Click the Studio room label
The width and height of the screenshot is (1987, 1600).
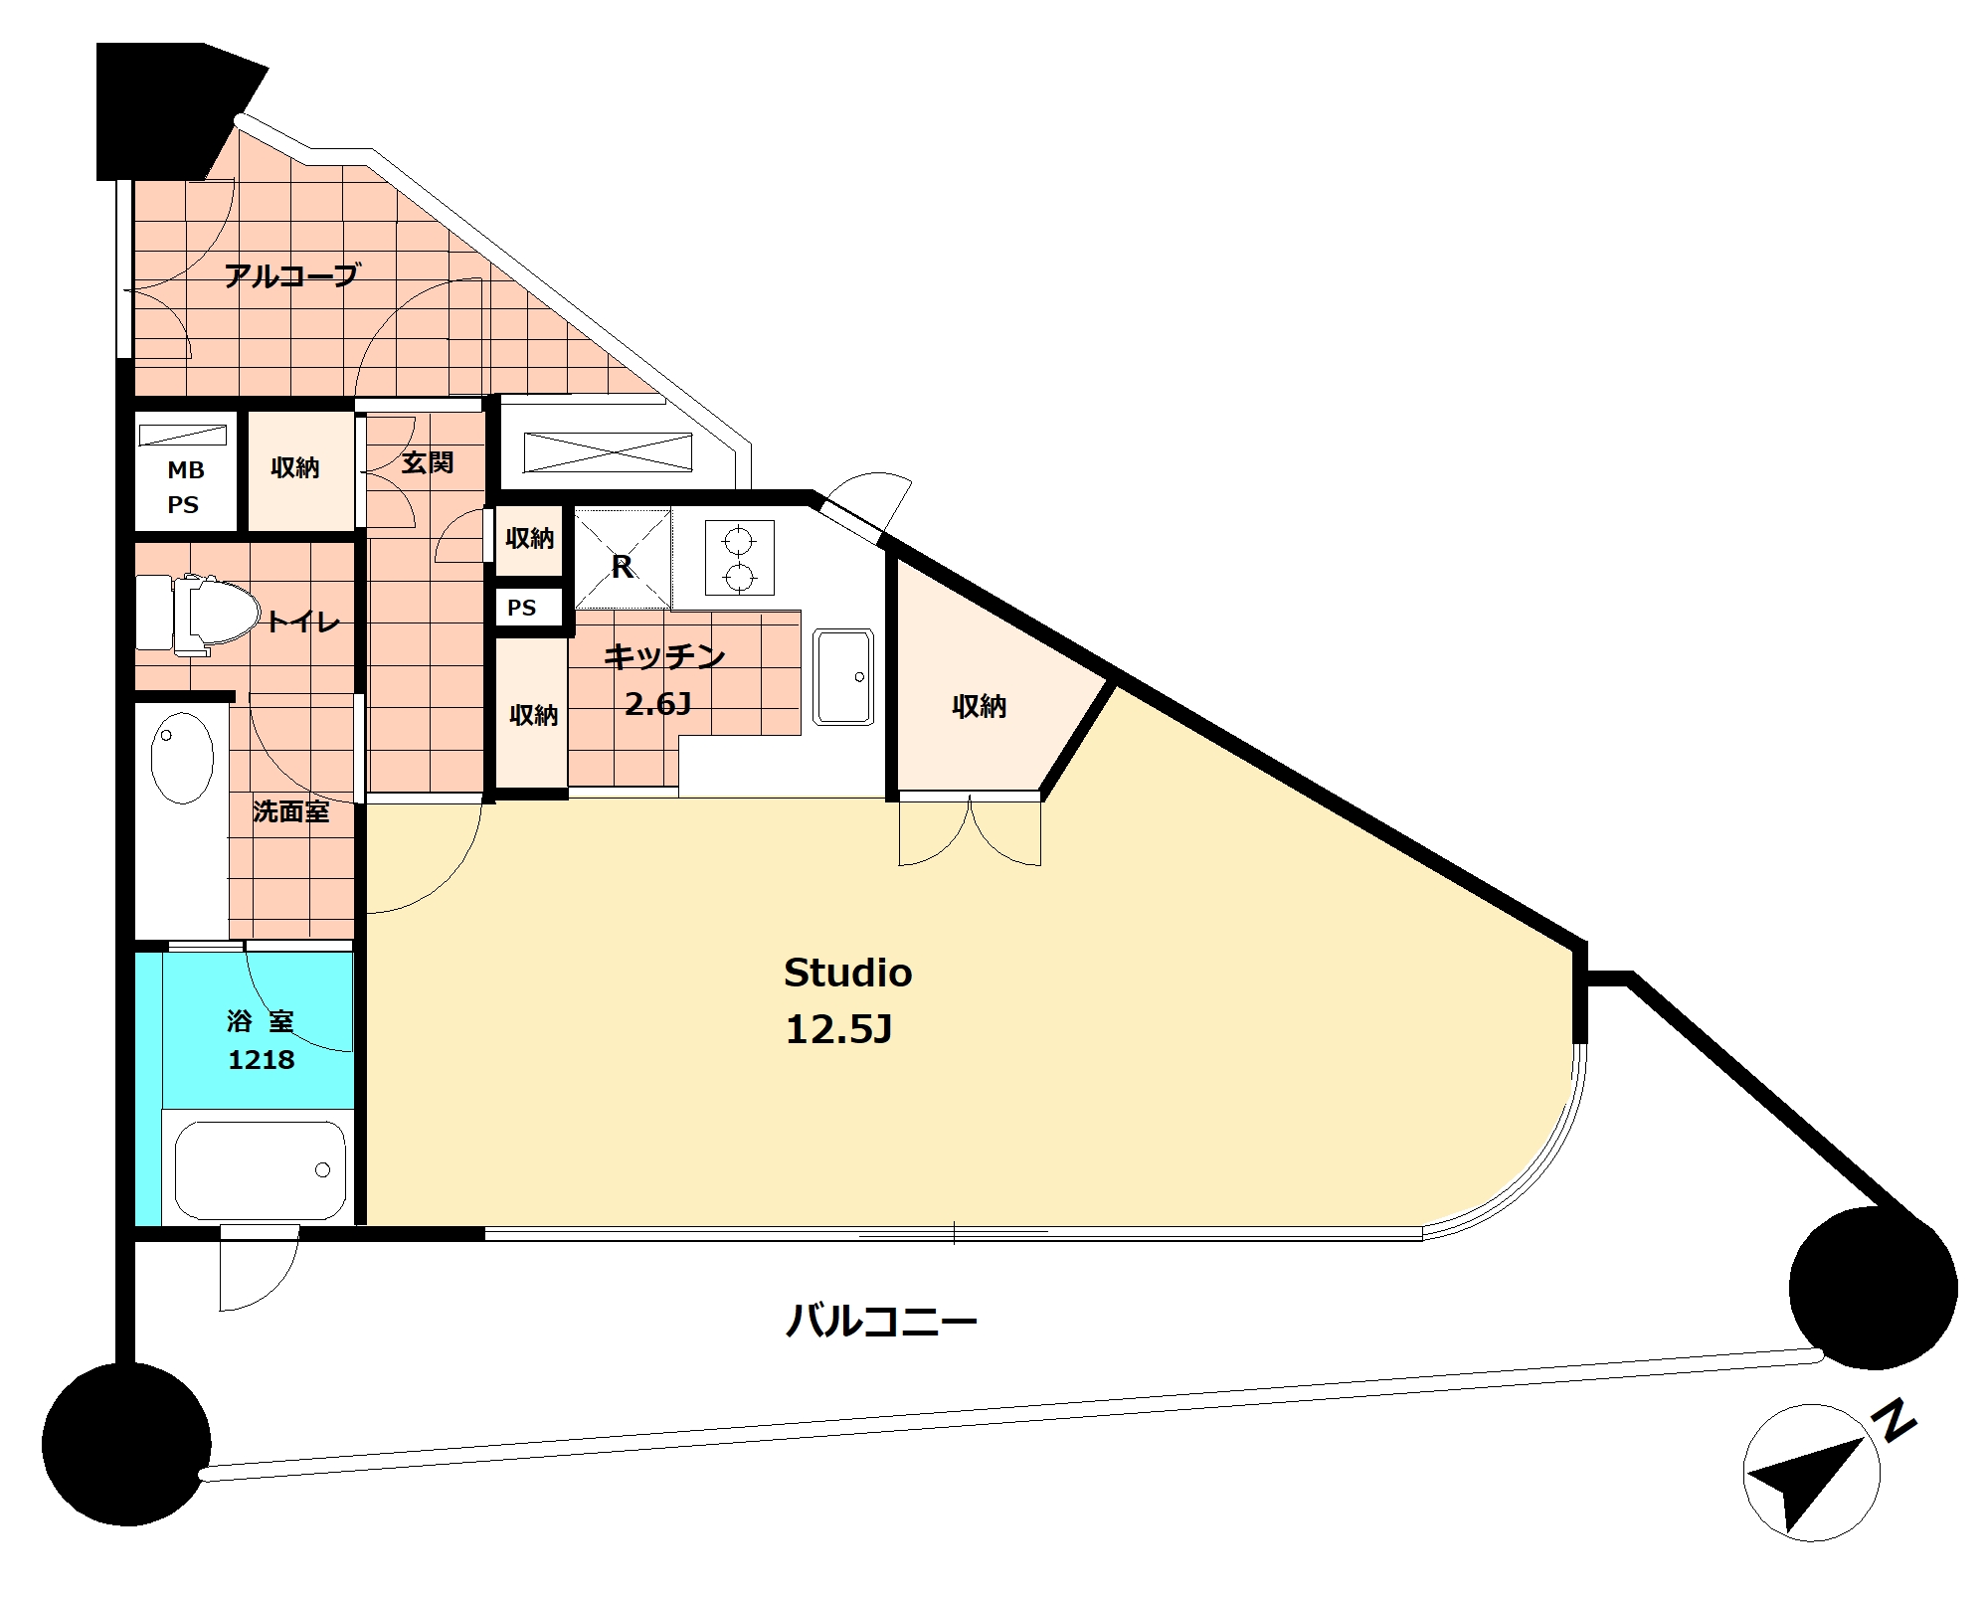(x=847, y=973)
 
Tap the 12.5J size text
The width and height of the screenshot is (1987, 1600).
(x=838, y=1029)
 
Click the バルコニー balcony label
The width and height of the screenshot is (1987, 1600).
(x=881, y=1322)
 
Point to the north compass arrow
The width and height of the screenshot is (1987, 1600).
(x=1806, y=1482)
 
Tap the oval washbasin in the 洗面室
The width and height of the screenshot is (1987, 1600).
(x=182, y=758)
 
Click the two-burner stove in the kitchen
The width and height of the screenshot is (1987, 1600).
(x=739, y=558)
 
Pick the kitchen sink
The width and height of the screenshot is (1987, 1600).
(x=843, y=677)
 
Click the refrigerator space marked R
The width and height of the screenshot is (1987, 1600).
(x=623, y=560)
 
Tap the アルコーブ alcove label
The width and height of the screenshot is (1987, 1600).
(x=290, y=275)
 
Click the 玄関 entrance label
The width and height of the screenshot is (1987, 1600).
(x=428, y=462)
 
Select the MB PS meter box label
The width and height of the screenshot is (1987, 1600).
(x=185, y=487)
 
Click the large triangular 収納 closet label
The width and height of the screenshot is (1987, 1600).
(x=980, y=706)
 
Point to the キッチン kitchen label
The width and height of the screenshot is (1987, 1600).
(x=664, y=656)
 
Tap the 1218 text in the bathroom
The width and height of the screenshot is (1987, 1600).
(x=262, y=1060)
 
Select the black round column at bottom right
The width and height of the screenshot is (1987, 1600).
(x=1873, y=1287)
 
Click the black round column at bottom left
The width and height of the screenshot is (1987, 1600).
(x=126, y=1444)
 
